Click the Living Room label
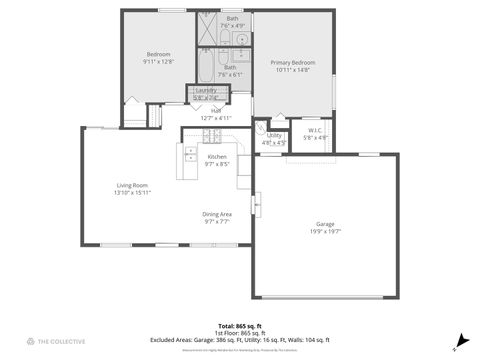(x=132, y=185)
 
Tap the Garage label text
(x=325, y=223)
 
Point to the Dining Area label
(x=217, y=214)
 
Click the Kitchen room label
(x=217, y=156)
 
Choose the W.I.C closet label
(x=315, y=130)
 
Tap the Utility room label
(x=274, y=135)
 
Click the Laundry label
(x=205, y=90)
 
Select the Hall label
(x=216, y=110)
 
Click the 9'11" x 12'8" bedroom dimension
(x=159, y=61)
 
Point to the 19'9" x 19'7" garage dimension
(x=325, y=230)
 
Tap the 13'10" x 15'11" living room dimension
(x=132, y=192)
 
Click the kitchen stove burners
(x=191, y=155)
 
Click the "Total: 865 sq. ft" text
(x=240, y=326)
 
